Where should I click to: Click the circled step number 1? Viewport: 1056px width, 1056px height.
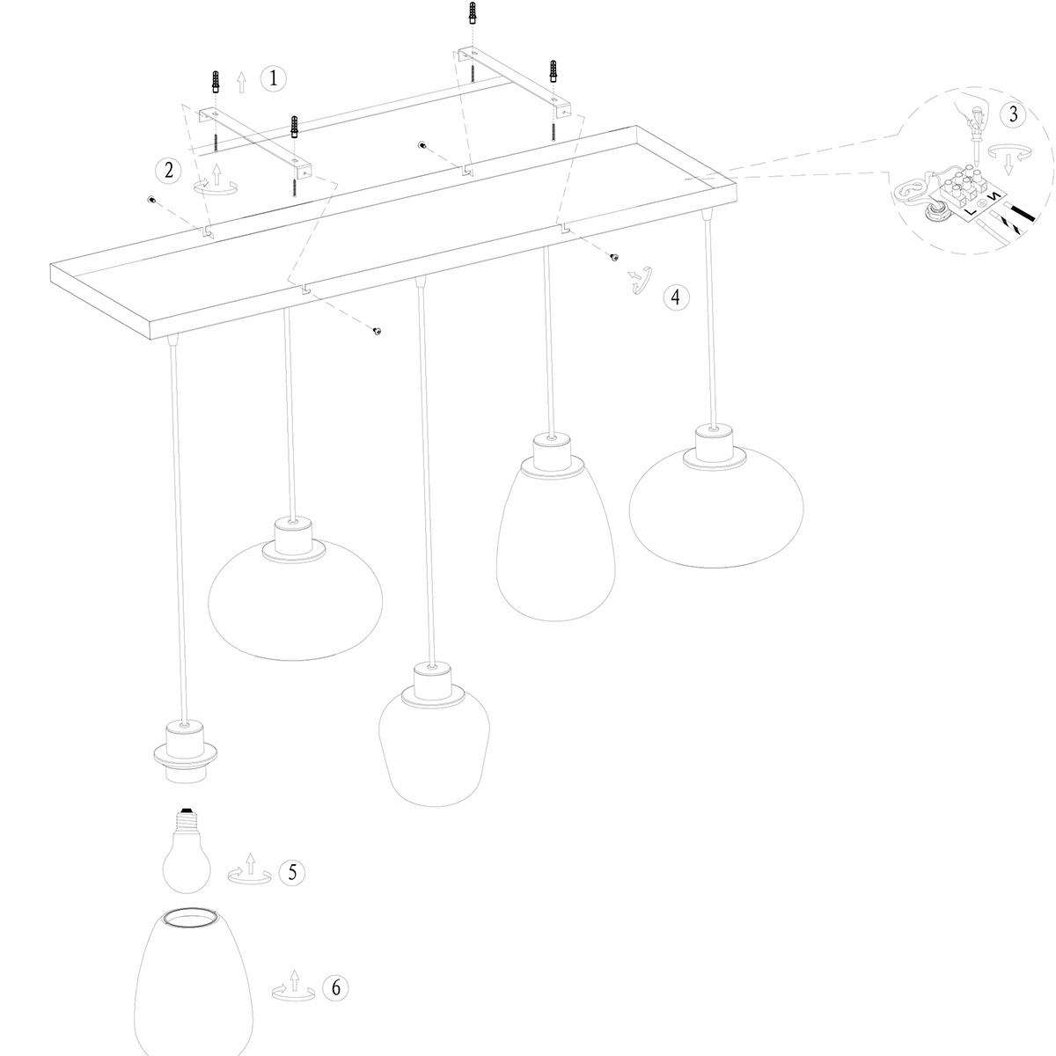(273, 79)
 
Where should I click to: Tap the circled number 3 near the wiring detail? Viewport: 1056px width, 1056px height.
(1013, 114)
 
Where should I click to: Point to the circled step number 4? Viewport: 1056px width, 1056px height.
(675, 297)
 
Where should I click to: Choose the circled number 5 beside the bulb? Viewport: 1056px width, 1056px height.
(292, 872)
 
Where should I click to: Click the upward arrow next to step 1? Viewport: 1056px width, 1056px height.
(242, 83)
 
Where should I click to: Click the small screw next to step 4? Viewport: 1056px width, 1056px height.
(614, 257)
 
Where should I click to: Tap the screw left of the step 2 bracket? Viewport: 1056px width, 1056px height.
(151, 200)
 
